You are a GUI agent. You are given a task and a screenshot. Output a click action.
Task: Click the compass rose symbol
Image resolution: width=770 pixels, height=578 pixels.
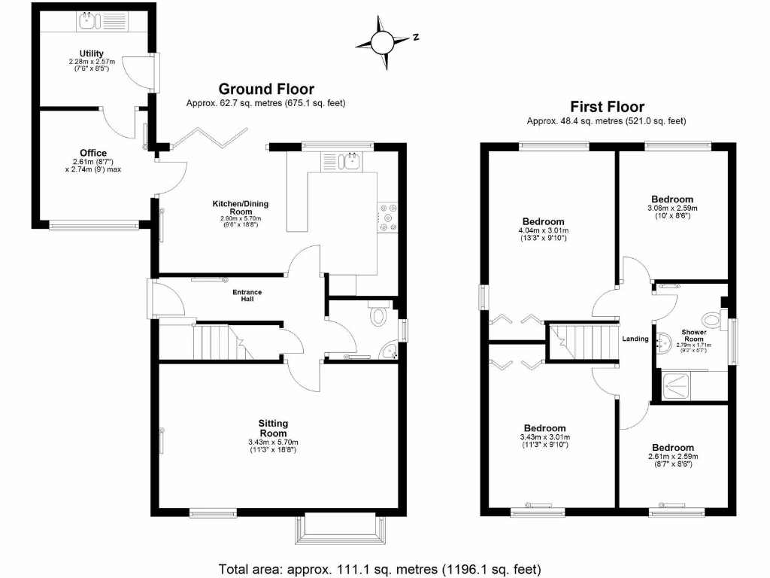383,42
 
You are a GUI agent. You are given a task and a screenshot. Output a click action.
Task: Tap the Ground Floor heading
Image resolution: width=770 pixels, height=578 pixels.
266,90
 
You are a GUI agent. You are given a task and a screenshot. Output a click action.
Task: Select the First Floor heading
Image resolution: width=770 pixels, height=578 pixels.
607,107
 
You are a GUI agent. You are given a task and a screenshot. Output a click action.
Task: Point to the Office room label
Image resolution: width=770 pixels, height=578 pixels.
93,153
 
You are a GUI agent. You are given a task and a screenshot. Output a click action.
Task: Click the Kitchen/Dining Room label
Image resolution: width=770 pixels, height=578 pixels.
241,208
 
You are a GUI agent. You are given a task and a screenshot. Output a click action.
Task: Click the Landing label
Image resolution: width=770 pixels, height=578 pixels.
635,339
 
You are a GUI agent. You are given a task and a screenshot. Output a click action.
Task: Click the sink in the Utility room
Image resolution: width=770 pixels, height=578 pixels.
89,23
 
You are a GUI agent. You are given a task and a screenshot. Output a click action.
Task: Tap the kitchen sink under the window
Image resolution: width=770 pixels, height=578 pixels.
348,160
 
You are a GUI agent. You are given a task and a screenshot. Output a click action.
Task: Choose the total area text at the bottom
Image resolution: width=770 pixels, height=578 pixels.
380,568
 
